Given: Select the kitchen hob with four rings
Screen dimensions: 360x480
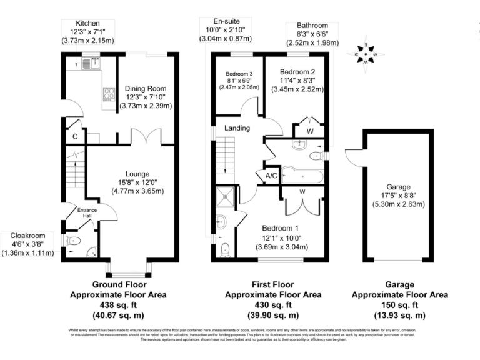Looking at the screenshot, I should click(x=108, y=94).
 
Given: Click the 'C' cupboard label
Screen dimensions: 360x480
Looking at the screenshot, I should click(x=75, y=137).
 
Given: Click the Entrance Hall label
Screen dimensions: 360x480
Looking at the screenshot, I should click(x=87, y=213).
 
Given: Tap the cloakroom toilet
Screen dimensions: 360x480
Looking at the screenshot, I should click(x=72, y=240).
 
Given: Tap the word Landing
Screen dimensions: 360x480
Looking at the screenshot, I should click(x=237, y=128).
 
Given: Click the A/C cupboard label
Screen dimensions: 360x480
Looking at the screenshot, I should click(x=271, y=176).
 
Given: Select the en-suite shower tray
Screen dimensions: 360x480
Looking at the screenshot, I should click(x=224, y=197).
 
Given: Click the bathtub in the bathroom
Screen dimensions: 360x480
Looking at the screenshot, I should click(x=302, y=176).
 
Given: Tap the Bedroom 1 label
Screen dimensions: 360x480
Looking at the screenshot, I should click(x=279, y=228).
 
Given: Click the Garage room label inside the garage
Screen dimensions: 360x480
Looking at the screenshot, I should click(x=397, y=187).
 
